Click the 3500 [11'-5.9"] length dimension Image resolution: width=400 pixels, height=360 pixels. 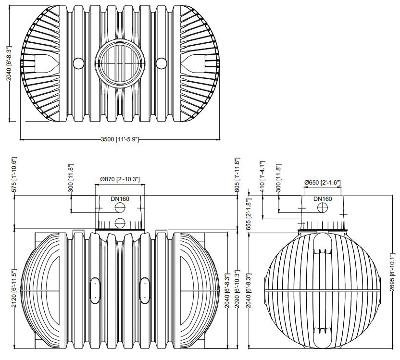coord(120,139)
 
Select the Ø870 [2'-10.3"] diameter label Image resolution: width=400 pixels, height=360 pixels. coord(120,179)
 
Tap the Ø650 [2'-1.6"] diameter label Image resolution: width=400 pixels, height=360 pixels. coord(322,183)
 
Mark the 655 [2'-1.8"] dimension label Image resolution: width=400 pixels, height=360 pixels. coord(249,213)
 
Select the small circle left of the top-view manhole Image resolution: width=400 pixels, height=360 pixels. coord(77,63)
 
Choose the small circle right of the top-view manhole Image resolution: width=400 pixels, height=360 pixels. coord(162,63)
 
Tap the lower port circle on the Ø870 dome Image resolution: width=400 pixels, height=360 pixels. coord(120,223)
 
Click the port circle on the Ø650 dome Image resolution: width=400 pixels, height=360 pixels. coord(323,208)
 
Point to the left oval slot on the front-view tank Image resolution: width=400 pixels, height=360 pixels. coord(95,290)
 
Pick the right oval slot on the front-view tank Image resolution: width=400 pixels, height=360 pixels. coord(144,290)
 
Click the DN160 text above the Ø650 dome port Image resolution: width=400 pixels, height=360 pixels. coord(323,199)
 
